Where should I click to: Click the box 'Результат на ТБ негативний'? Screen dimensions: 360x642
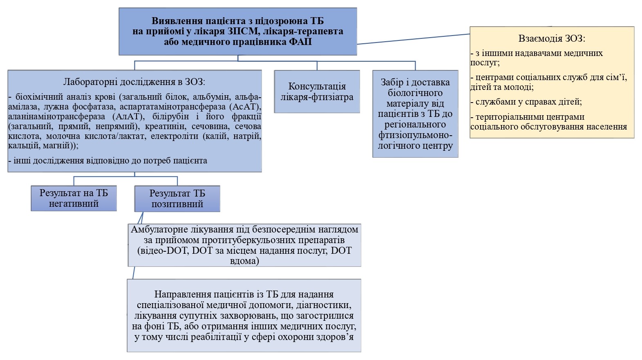pyautogui.click(x=74, y=199)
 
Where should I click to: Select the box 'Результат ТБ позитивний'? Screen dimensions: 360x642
pyautogui.click(x=177, y=199)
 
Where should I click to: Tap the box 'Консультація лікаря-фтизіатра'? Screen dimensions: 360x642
pyautogui.click(x=317, y=92)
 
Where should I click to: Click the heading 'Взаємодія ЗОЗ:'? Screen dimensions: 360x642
pyautogui.click(x=552, y=39)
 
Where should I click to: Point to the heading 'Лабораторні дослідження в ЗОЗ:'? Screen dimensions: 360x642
pyautogui.click(x=134, y=82)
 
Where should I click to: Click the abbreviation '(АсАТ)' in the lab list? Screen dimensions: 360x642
pyautogui.click(x=245, y=107)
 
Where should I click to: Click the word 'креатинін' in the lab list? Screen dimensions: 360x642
pyautogui.click(x=166, y=126)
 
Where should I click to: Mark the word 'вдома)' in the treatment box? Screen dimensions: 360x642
pyautogui.click(x=244, y=261)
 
